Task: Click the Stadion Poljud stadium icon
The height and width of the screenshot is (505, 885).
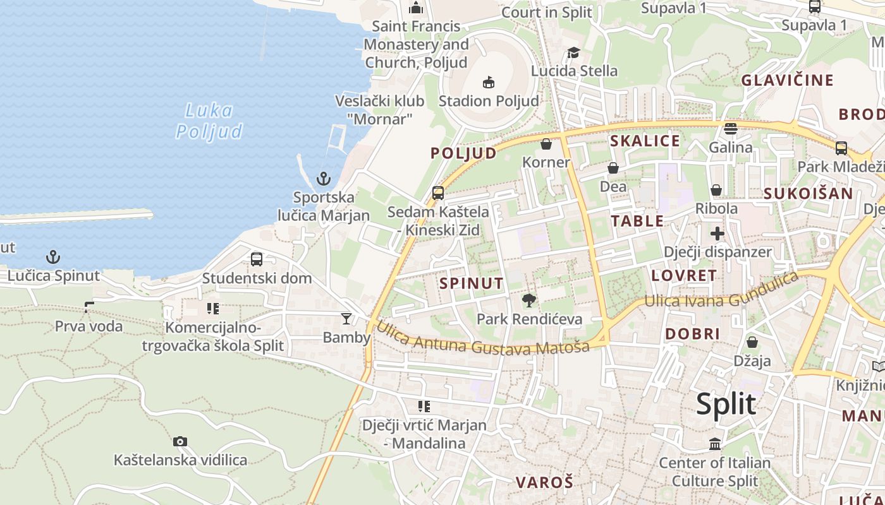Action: (488, 82)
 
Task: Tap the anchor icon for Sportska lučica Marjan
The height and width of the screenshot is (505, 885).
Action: (324, 179)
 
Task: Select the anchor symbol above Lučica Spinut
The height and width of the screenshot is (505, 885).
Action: (54, 257)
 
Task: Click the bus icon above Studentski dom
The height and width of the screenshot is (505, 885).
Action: (257, 259)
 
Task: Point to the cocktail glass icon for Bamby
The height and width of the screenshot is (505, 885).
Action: (346, 318)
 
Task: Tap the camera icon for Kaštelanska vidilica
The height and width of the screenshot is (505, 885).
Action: (180, 441)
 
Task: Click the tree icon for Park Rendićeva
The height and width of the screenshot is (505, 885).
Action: (529, 300)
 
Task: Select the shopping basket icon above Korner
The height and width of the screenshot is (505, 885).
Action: (546, 145)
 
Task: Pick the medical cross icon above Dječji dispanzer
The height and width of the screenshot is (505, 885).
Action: (717, 234)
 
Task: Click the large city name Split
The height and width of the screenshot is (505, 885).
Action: (726, 404)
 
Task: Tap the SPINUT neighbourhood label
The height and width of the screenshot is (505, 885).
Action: (472, 283)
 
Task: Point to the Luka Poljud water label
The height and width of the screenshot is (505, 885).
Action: (209, 121)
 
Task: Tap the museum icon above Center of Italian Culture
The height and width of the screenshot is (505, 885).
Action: (715, 444)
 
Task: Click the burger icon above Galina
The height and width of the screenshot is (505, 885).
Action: (731, 129)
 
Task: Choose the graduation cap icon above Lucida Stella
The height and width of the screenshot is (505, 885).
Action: (573, 52)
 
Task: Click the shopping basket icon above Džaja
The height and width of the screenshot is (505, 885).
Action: (752, 342)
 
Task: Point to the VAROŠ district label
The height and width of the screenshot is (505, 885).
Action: (544, 483)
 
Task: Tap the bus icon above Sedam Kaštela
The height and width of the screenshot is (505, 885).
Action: (438, 193)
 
